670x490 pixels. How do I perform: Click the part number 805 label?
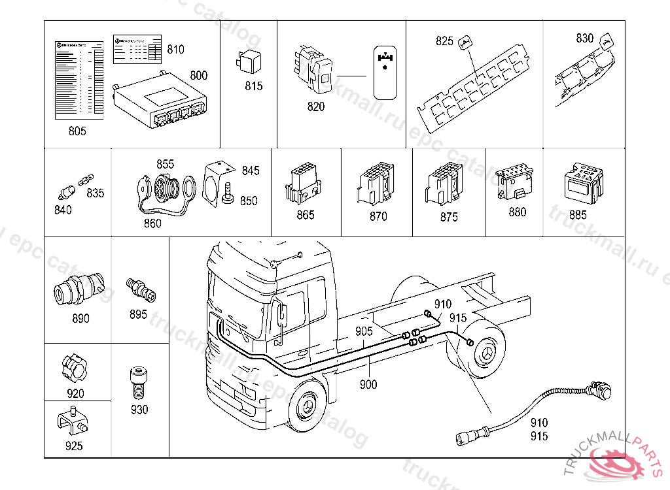click(x=77, y=131)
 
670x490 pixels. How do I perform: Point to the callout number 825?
click(x=445, y=41)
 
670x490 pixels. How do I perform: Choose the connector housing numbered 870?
click(x=376, y=183)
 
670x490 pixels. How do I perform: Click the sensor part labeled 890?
click(x=77, y=289)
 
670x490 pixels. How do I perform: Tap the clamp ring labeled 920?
click(x=75, y=368)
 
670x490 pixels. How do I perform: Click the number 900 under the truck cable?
click(x=368, y=385)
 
